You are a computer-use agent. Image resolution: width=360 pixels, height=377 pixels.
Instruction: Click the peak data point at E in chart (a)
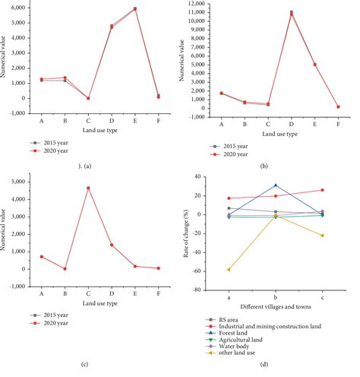[134, 9]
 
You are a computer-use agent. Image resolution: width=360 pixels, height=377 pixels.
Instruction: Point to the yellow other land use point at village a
[229, 270]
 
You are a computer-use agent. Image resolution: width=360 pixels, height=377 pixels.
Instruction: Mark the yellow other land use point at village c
[322, 236]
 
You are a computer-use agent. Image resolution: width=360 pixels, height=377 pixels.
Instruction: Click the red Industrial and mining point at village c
[322, 190]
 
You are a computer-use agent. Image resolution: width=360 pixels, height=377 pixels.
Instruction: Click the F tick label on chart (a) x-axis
[157, 117]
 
